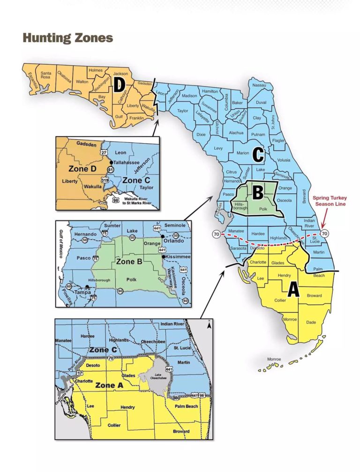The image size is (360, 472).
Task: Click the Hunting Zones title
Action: (68, 38)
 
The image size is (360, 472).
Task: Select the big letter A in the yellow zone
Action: (293, 290)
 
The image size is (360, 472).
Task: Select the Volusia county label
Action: (284, 159)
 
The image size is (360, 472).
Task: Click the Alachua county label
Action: (236, 133)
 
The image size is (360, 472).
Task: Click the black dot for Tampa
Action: (88, 287)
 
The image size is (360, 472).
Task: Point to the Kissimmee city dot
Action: (164, 257)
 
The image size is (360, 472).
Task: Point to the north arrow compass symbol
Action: (209, 323)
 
